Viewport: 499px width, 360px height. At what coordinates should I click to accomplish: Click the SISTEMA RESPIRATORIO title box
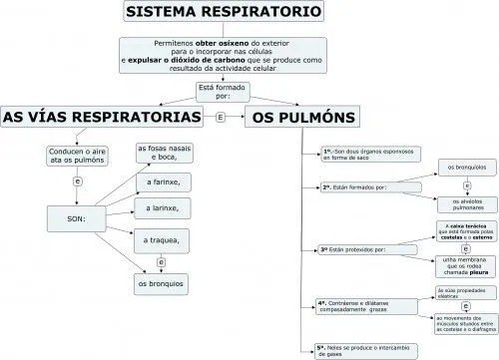(x=226, y=13)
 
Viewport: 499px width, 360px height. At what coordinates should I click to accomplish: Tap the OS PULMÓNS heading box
(x=299, y=117)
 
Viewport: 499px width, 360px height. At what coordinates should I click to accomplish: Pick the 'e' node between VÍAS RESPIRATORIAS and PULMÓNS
(x=220, y=117)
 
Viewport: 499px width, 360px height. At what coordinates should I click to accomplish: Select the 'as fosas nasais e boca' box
(x=162, y=155)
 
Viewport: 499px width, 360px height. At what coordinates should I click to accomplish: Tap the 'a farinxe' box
(x=162, y=183)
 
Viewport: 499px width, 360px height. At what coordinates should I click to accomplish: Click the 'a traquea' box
(x=162, y=240)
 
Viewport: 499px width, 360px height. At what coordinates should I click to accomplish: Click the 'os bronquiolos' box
(x=465, y=167)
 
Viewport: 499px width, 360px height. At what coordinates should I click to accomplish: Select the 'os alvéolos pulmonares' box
(x=466, y=204)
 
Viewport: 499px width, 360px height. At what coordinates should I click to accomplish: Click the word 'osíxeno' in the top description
(x=239, y=45)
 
